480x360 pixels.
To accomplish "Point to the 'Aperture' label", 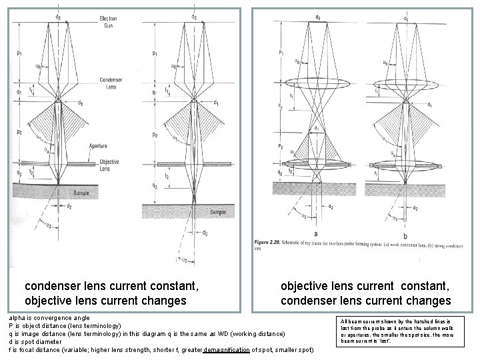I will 98,145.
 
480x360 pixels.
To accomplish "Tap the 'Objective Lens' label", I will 109,164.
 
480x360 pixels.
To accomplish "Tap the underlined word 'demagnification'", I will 226,349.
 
